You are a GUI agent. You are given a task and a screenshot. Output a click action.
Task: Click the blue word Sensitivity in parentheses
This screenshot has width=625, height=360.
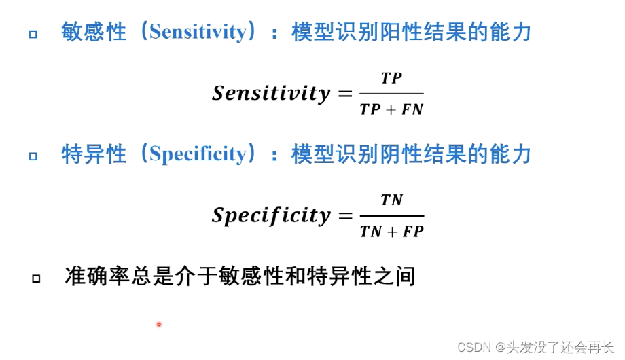point(198,32)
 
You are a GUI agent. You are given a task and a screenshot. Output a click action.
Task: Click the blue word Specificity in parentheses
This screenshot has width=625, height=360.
point(198,154)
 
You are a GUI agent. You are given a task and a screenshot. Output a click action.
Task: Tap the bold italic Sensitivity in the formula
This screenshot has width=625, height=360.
point(271,93)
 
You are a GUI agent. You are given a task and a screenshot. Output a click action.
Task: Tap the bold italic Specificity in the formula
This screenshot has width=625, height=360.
point(271,215)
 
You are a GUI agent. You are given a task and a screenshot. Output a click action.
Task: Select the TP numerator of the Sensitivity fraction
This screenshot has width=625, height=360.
point(391,78)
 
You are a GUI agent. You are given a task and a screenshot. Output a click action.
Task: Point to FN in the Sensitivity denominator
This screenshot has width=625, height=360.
point(412,109)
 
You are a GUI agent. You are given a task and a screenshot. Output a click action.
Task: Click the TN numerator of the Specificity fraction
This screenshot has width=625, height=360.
point(392,200)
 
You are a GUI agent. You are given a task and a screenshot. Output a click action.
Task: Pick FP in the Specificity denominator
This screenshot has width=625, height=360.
point(412,231)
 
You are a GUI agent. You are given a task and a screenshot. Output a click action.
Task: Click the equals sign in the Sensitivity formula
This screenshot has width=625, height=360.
point(345,94)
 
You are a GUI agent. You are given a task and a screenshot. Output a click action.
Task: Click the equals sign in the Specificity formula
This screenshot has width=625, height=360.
point(345,216)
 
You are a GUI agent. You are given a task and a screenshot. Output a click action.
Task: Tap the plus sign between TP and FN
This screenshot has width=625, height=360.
point(391,109)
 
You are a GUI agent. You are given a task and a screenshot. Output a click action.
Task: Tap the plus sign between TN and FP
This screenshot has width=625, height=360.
point(391,232)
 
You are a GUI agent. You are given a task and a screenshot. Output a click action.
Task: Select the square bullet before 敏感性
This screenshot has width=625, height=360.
point(33,33)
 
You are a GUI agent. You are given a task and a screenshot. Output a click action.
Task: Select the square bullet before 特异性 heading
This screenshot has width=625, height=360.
point(33,156)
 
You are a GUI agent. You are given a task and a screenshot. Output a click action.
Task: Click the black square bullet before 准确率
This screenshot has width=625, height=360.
point(35,278)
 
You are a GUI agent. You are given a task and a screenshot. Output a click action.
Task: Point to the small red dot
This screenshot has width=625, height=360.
point(159,324)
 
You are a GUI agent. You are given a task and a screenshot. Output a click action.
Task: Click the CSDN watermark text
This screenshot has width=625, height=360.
point(474,347)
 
